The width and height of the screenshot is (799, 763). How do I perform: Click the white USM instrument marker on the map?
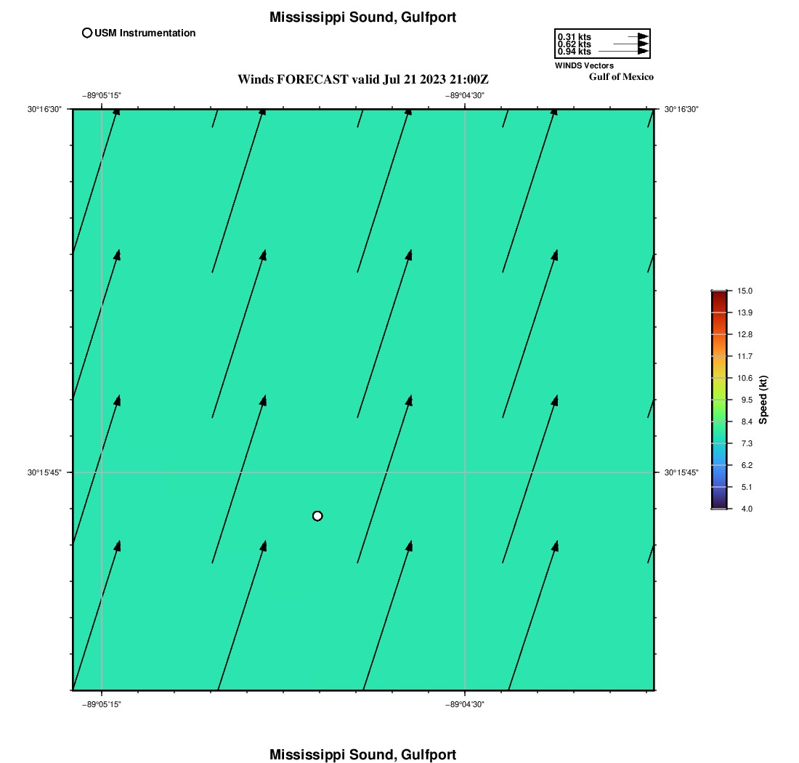[x=317, y=516]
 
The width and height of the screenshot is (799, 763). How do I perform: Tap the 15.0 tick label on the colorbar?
[x=745, y=291]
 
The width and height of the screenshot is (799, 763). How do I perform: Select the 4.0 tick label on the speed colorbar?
[x=747, y=509]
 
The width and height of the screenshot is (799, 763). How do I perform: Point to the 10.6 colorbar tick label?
[x=745, y=378]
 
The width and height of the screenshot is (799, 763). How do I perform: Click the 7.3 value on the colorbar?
[x=747, y=443]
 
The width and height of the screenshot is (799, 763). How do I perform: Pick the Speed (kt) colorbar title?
[x=763, y=400]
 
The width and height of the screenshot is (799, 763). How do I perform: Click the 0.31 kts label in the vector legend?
[x=575, y=37]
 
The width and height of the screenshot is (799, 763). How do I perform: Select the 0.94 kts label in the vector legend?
[x=575, y=52]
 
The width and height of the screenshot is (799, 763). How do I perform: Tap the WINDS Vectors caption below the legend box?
[x=584, y=65]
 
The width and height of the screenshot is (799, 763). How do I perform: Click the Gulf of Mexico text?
[x=621, y=77]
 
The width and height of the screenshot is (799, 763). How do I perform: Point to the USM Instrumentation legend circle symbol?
[x=87, y=33]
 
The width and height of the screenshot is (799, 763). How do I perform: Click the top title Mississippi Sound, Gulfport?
[x=362, y=17]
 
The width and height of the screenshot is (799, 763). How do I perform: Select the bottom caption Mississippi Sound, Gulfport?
[x=362, y=754]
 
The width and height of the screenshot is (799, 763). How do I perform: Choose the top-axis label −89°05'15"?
[x=102, y=95]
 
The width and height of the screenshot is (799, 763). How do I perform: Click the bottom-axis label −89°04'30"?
[x=465, y=704]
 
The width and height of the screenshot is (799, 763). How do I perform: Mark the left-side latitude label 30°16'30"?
[x=44, y=109]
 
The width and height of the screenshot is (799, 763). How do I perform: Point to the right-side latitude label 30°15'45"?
[x=681, y=472]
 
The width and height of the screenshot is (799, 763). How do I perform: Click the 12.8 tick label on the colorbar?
[x=745, y=334]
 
